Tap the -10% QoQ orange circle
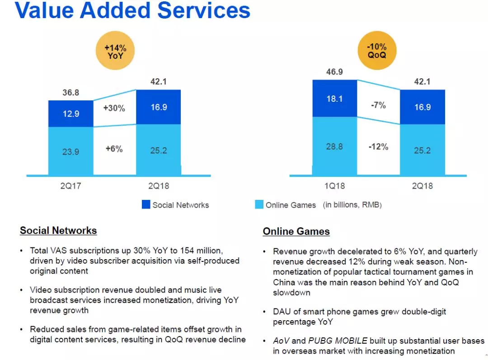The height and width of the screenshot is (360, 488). (x=376, y=53)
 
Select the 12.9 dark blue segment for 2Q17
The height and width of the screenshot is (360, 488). (x=70, y=114)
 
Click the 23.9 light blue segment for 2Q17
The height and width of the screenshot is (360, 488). (x=70, y=152)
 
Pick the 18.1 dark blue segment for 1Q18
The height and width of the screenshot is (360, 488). (x=334, y=99)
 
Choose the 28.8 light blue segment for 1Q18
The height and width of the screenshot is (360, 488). (x=334, y=147)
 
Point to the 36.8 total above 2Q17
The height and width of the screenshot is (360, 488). (x=71, y=93)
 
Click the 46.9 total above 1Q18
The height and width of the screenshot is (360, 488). (x=334, y=71)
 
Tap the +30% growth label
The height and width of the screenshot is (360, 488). (x=114, y=109)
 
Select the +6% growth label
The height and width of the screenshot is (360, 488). (x=114, y=148)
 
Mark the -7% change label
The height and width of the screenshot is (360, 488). (x=378, y=105)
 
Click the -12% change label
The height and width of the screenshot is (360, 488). (x=378, y=147)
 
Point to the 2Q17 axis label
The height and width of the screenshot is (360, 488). (x=70, y=186)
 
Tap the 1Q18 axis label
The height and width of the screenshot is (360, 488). (x=334, y=186)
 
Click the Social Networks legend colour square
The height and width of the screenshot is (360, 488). (x=146, y=204)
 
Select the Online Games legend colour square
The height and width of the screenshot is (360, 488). (x=259, y=204)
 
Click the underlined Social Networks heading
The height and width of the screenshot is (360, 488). (x=58, y=231)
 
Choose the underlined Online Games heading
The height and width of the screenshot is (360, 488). (x=296, y=232)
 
